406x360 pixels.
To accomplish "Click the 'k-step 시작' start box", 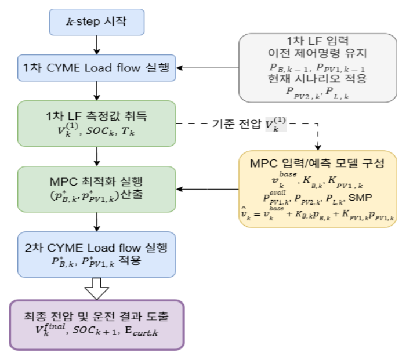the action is click(97, 22).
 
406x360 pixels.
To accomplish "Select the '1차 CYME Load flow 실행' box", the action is click(97, 68).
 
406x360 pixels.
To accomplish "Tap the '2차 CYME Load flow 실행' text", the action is click(96, 248).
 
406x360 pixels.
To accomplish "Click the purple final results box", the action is click(97, 325).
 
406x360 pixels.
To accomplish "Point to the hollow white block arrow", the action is click(97, 289).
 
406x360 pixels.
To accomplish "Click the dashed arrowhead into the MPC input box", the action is click(318, 147).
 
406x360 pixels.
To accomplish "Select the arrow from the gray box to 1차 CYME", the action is click(208, 68).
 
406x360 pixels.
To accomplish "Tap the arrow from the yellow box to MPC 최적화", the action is click(208, 189).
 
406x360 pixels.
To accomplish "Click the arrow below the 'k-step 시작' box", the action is click(97, 45).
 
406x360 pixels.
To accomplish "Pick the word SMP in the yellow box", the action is click(360, 198).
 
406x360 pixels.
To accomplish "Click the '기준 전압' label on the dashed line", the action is click(237, 123).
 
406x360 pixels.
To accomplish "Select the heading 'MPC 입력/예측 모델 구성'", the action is click(317, 163).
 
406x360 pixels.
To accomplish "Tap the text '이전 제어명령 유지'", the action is click(317, 53).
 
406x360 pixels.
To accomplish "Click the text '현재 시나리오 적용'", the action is click(317, 78).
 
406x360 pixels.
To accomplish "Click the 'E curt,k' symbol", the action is click(142, 331).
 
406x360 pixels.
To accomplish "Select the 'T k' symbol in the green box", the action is click(128, 131).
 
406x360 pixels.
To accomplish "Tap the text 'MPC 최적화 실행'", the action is click(96, 181).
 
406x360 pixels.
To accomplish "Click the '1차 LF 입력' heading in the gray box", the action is click(317, 41).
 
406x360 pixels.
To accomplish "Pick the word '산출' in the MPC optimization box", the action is click(132, 194).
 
